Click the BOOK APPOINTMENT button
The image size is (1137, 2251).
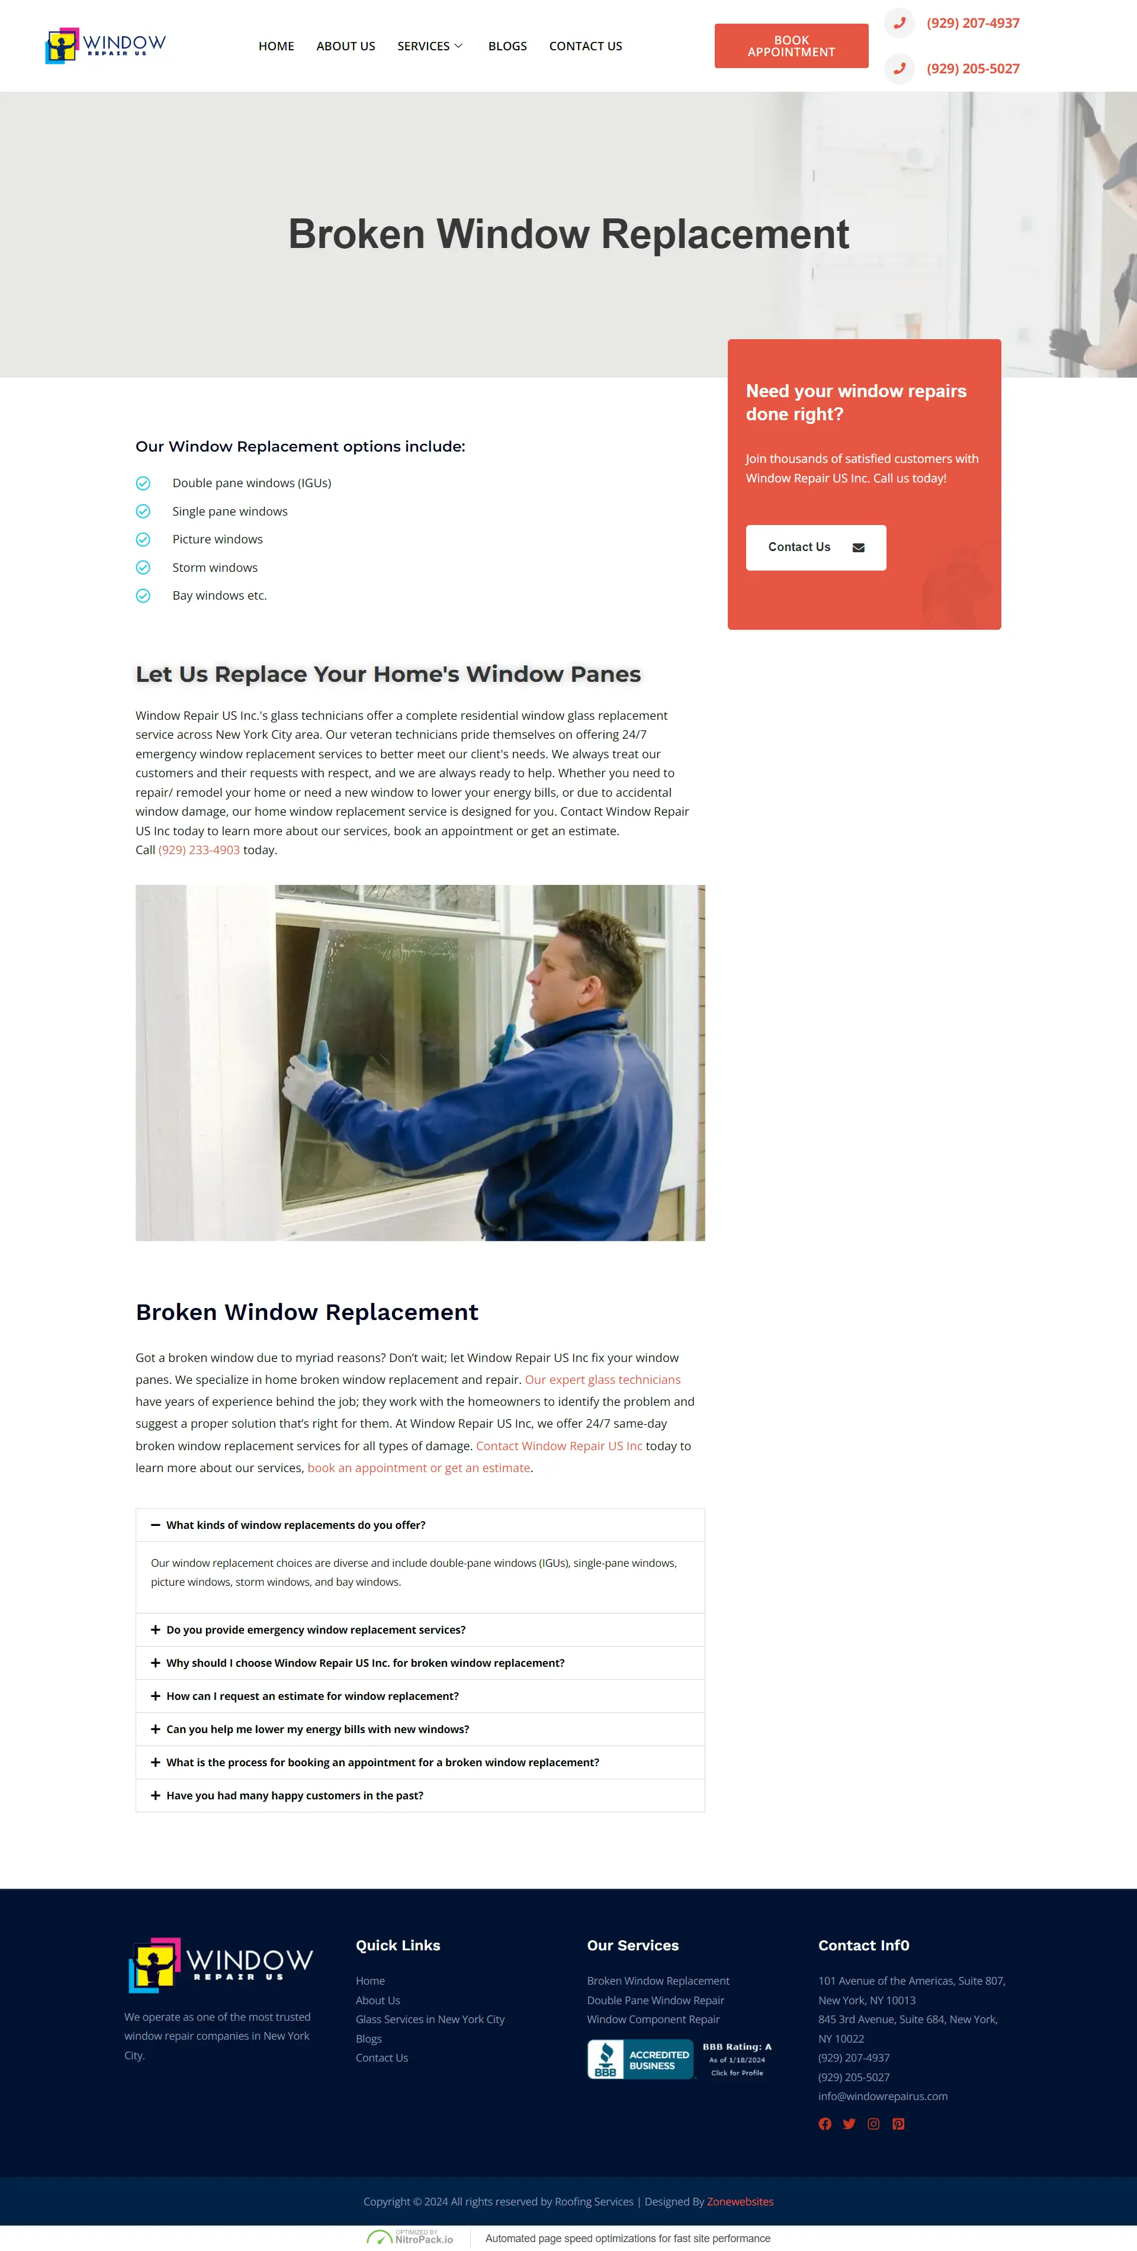coord(791,46)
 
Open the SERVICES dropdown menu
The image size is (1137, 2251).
coord(430,46)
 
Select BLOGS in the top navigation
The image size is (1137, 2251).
coord(507,46)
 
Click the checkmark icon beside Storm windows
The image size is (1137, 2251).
coord(143,568)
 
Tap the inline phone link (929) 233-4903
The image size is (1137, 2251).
coord(199,850)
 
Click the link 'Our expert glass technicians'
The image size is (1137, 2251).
coord(602,1380)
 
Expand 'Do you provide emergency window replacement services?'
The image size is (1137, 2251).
coord(316,1630)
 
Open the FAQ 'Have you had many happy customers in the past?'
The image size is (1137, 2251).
coord(294,1796)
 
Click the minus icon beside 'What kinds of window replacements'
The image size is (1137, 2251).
coord(156,1525)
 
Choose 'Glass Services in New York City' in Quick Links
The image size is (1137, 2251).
coord(430,2020)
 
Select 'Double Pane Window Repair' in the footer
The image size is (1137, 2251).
coord(656,2000)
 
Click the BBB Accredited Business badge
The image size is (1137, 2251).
coord(680,2060)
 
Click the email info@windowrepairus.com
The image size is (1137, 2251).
coord(883,2097)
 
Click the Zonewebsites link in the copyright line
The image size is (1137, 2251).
coord(740,2202)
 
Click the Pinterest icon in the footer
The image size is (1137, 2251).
coord(898,2124)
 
